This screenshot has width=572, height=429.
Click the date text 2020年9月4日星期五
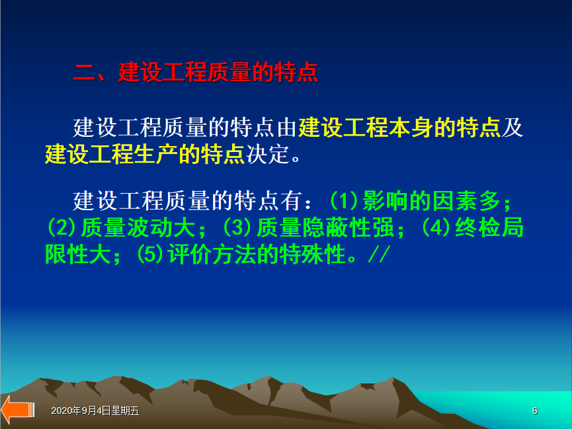click(95, 410)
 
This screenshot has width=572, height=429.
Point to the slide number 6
click(535, 410)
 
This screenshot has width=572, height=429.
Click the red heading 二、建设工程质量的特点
click(196, 72)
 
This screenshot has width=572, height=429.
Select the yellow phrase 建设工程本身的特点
click(399, 128)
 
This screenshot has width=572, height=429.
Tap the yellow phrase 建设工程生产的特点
click(145, 154)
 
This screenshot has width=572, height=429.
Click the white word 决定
click(268, 154)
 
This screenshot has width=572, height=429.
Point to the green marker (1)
click(344, 201)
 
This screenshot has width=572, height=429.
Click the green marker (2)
click(61, 227)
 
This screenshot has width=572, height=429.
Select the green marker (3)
click(237, 227)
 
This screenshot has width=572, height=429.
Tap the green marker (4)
click(436, 227)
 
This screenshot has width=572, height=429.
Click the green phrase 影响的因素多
click(431, 201)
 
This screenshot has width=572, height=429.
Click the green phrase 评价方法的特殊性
click(257, 254)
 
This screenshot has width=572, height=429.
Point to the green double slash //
click(380, 254)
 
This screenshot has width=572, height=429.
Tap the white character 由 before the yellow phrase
click(286, 128)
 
